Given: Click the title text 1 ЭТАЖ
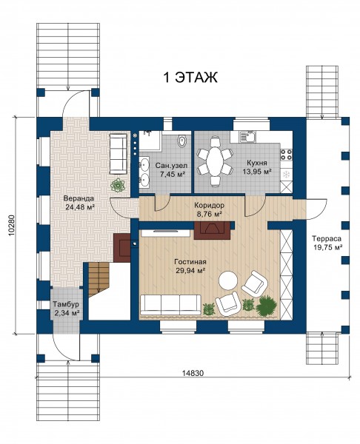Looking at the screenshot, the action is click(190, 77).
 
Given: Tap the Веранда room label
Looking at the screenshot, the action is click(79, 198).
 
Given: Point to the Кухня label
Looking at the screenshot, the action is click(256, 163).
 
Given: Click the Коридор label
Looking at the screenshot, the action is click(209, 205).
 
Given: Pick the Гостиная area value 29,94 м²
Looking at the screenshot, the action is click(190, 270).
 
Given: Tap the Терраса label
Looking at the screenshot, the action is click(326, 238).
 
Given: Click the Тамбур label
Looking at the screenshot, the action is click(66, 305).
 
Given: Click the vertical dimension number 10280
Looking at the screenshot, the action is click(12, 226).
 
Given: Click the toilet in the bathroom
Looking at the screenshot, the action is click(181, 141).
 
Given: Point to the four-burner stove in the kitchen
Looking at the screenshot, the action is click(286, 155).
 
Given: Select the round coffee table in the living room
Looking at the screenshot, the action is click(228, 280).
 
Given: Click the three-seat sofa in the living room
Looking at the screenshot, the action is click(170, 305).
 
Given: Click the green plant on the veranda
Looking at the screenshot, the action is click(118, 185).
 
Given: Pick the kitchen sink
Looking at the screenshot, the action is click(247, 136).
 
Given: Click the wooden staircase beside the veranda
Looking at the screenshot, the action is click(99, 279).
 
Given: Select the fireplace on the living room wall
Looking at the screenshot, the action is click(212, 230).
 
